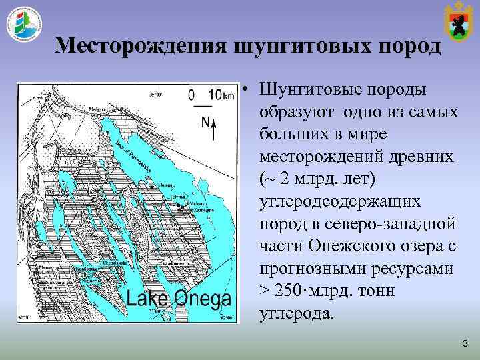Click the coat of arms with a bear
tap(457, 21)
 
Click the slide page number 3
tap(465, 343)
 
